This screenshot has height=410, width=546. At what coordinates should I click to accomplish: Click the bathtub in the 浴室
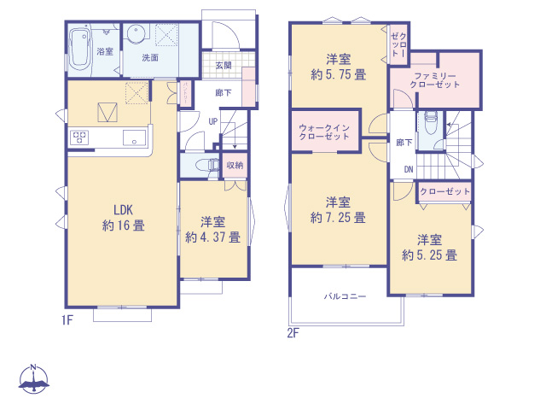pyautogui.click(x=80, y=50)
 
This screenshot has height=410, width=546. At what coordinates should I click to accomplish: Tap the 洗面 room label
pyautogui.click(x=150, y=58)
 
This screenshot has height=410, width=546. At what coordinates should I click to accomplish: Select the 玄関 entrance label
pyautogui.click(x=224, y=65)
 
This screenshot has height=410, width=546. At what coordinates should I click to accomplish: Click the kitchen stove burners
pyautogui.click(x=80, y=138)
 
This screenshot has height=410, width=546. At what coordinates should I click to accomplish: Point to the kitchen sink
pyautogui.click(x=135, y=138)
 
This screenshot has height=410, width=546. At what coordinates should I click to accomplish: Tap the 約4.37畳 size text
pyautogui.click(x=212, y=237)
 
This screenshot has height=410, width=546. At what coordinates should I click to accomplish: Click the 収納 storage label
pyautogui.click(x=235, y=164)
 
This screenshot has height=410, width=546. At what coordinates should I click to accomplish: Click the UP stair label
pyautogui.click(x=213, y=121)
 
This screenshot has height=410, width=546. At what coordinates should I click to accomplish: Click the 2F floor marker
pyautogui.click(x=293, y=332)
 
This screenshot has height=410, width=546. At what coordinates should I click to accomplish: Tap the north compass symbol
pyautogui.click(x=33, y=381)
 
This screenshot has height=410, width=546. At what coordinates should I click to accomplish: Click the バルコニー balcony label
pyautogui.click(x=345, y=296)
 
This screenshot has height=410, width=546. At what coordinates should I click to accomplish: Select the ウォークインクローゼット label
pyautogui.click(x=324, y=132)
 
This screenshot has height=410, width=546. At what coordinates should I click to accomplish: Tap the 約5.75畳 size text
pyautogui.click(x=339, y=74)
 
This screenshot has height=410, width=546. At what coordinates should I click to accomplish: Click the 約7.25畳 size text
pyautogui.click(x=339, y=217)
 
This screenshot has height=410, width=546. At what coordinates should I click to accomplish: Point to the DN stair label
pyautogui.click(x=408, y=169)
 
